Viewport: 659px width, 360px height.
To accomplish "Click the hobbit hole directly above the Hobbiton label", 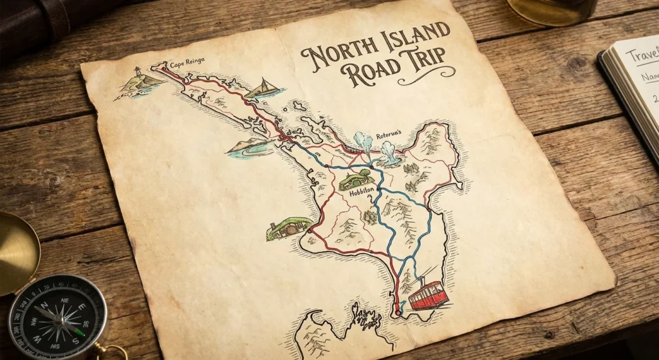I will click(355, 178).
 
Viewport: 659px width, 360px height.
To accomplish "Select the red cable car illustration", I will click(428, 296).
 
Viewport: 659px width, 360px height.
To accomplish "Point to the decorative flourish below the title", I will click(425, 79).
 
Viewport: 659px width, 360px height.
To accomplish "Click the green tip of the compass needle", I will click(79, 332).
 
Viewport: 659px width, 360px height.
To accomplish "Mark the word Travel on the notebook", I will click(644, 56).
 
